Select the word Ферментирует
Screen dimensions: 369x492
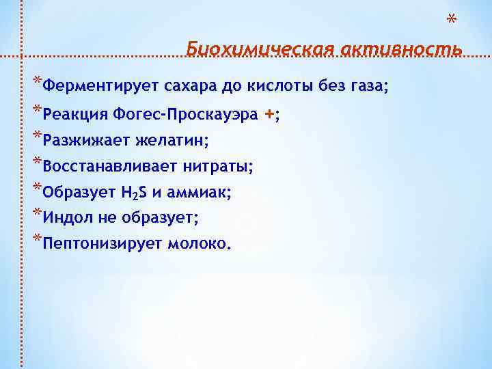[99, 87]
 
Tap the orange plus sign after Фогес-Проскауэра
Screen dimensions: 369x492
[270, 115]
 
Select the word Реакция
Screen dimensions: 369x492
[75, 115]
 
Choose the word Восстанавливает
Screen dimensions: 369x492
[109, 167]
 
